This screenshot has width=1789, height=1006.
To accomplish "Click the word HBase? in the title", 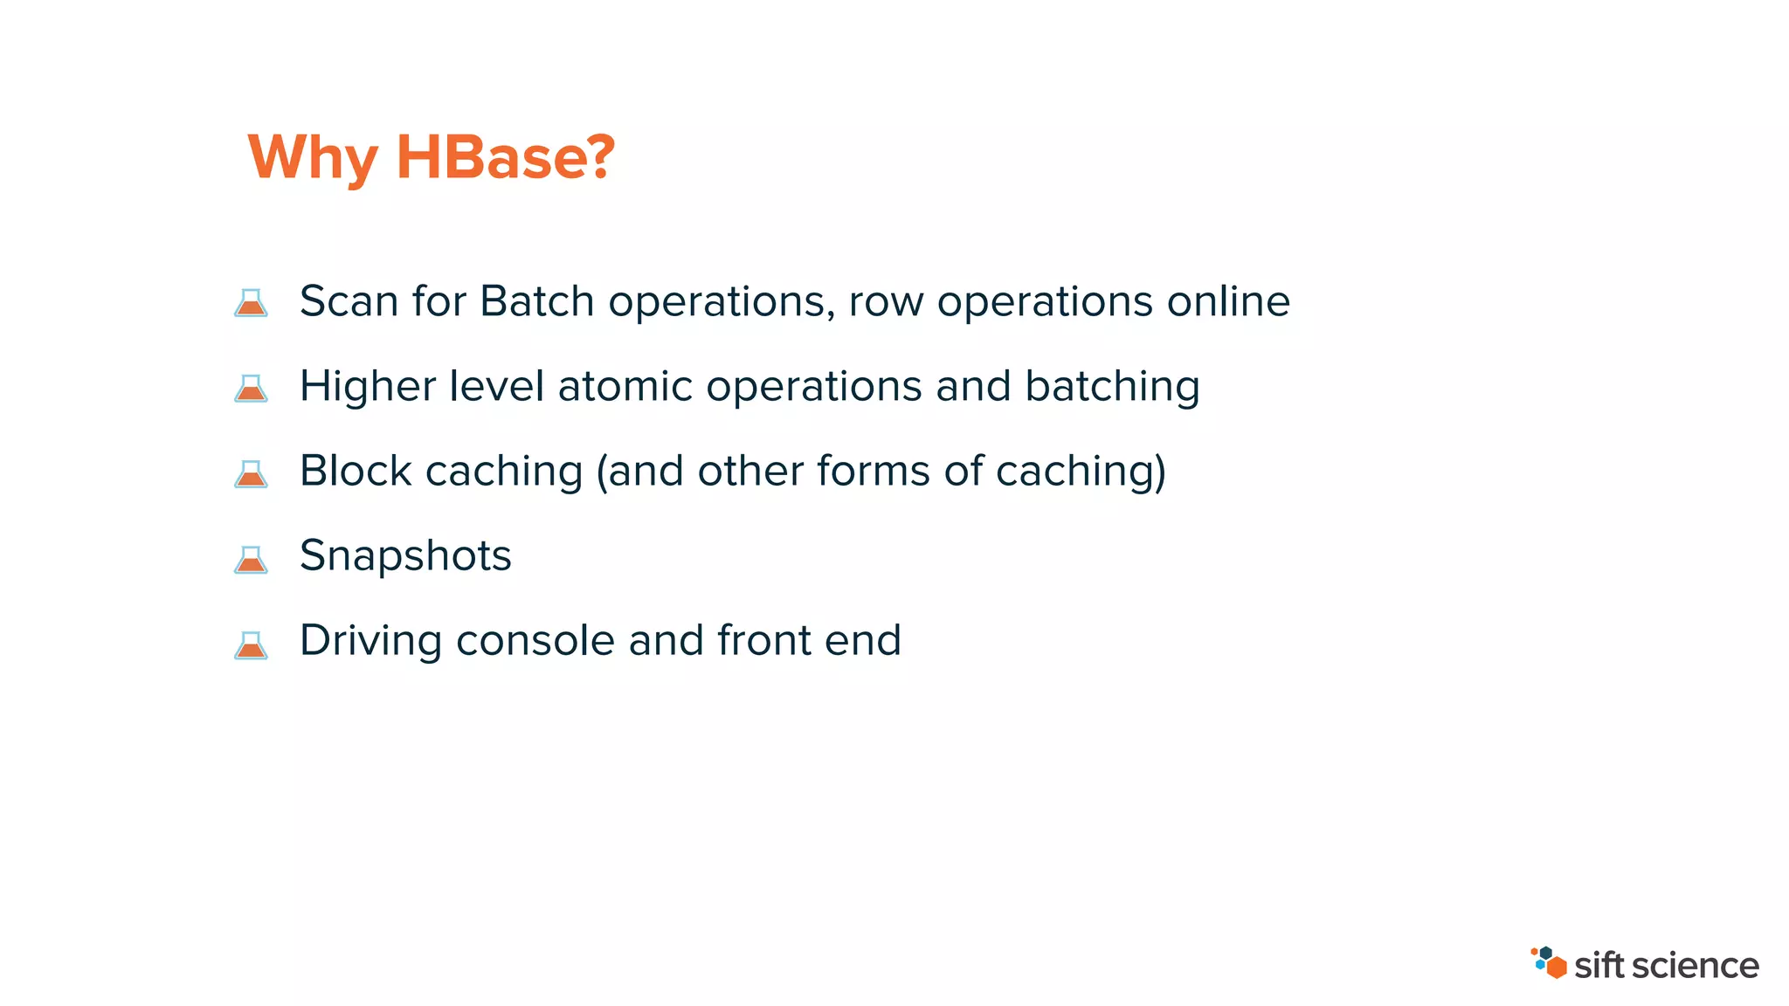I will [x=506, y=158].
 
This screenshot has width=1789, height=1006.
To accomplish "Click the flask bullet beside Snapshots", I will [x=251, y=559].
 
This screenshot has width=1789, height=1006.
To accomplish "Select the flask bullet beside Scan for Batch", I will [x=251, y=303].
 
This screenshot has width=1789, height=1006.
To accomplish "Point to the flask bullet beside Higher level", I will [x=251, y=388].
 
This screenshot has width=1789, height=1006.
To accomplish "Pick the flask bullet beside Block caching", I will [x=251, y=473].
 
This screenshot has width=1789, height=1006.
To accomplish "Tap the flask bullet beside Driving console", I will [x=251, y=644].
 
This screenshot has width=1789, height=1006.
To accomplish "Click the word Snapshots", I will [x=405, y=556].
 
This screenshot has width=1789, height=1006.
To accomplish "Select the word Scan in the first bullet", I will [x=349, y=301].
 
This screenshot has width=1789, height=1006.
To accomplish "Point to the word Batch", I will [x=537, y=301].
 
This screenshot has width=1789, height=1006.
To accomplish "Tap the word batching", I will [x=1112, y=387].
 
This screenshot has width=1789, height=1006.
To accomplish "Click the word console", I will [x=535, y=641].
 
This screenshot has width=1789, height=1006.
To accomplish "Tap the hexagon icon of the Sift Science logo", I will [x=1549, y=962].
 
